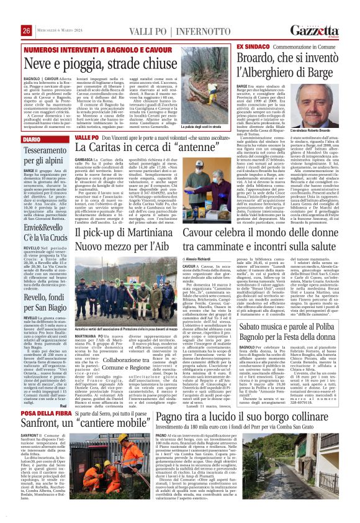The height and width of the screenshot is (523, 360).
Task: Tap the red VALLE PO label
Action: click(86, 137)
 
